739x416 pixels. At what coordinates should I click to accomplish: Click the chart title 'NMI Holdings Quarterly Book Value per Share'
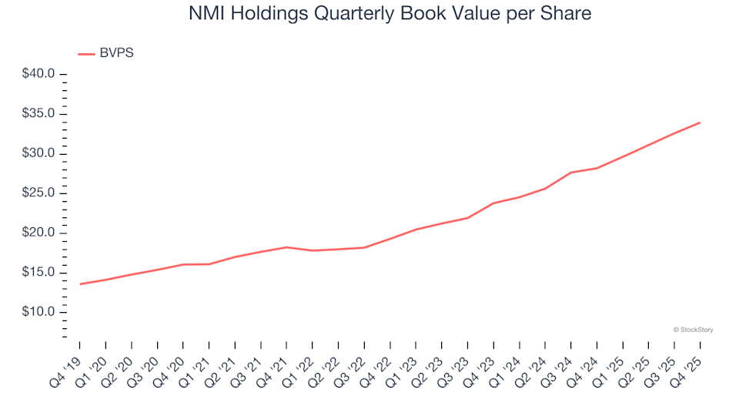pyautogui.click(x=369, y=13)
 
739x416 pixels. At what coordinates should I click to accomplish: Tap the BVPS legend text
pyautogui.click(x=116, y=53)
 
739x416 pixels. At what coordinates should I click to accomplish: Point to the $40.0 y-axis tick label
pyautogui.click(x=38, y=75)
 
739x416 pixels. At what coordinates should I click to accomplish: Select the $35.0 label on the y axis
pyautogui.click(x=38, y=114)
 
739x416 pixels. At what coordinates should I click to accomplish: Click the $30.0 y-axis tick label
pyautogui.click(x=38, y=153)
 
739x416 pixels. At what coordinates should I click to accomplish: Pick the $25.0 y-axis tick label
pyautogui.click(x=38, y=193)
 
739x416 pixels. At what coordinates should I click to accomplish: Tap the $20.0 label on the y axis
pyautogui.click(x=38, y=233)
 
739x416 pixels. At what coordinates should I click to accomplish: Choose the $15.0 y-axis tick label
pyautogui.click(x=38, y=273)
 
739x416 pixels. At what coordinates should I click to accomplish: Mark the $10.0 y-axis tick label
pyautogui.click(x=38, y=312)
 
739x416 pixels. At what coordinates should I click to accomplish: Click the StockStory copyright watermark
pyautogui.click(x=693, y=330)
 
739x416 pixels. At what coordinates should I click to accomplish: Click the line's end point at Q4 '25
pyautogui.click(x=699, y=122)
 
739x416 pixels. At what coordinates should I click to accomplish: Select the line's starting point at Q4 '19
pyautogui.click(x=80, y=284)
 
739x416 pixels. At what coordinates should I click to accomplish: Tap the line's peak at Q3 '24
pyautogui.click(x=570, y=173)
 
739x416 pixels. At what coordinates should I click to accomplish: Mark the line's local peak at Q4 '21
pyautogui.click(x=286, y=247)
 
